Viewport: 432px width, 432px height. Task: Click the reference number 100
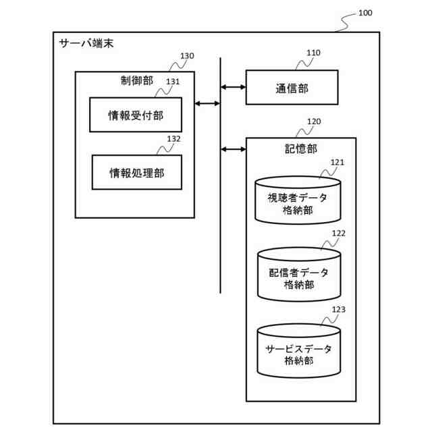pyautogui.click(x=364, y=13)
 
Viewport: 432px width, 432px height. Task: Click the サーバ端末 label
pyautogui.click(x=86, y=44)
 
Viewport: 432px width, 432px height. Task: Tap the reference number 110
pyautogui.click(x=313, y=53)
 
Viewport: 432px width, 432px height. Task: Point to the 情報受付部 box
pyautogui.click(x=136, y=115)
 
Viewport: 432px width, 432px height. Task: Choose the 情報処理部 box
pyautogui.click(x=137, y=172)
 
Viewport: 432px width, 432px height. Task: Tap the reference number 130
pyautogui.click(x=187, y=56)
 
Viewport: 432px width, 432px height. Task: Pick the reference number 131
pyautogui.click(x=173, y=82)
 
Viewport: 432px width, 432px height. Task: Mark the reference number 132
pyautogui.click(x=173, y=139)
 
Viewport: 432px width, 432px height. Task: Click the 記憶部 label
pyautogui.click(x=300, y=148)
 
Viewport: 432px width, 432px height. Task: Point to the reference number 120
pyautogui.click(x=314, y=122)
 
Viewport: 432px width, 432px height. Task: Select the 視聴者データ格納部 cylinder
pyautogui.click(x=298, y=200)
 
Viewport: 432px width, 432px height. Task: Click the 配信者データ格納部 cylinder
pyautogui.click(x=298, y=275)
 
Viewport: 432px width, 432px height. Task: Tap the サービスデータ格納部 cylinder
pyautogui.click(x=298, y=351)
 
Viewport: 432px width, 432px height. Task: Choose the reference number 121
pyautogui.click(x=337, y=162)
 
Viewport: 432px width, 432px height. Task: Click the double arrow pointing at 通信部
pyautogui.click(x=234, y=87)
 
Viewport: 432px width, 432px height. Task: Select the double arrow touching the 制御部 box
pyautogui.click(x=208, y=103)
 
